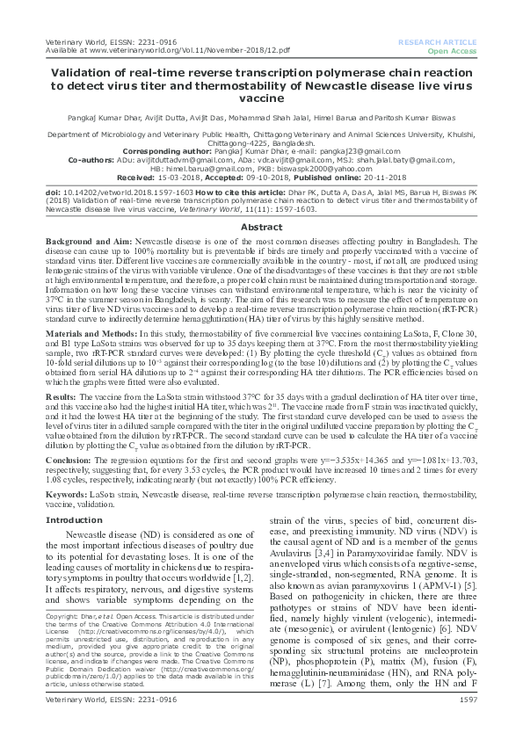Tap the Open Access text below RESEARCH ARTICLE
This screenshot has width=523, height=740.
[x=453, y=50]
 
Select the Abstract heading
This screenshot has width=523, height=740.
[x=261, y=227]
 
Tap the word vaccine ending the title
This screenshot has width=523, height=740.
[x=261, y=99]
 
